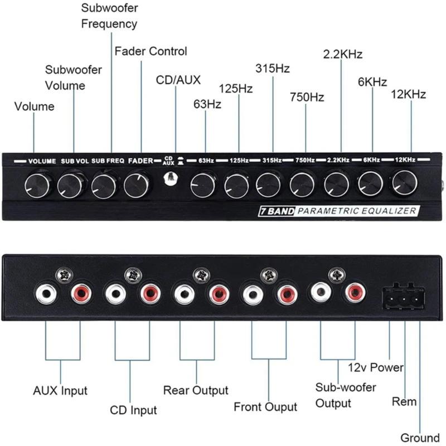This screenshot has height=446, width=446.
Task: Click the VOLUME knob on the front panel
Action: click(x=38, y=185)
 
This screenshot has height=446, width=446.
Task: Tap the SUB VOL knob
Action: click(x=71, y=185)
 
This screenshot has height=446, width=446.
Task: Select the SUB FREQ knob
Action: click(x=104, y=185)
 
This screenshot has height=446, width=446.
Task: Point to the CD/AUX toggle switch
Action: click(x=171, y=178)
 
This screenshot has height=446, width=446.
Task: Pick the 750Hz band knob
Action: click(x=303, y=185)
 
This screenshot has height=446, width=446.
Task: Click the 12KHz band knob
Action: click(x=403, y=182)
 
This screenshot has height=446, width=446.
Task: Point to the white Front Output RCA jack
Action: click(x=252, y=294)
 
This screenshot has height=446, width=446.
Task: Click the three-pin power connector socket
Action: click(x=403, y=297)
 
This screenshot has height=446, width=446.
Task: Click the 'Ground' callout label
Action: click(x=420, y=438)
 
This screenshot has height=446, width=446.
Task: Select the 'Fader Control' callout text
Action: click(x=151, y=51)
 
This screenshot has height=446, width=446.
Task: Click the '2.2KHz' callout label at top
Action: click(x=343, y=54)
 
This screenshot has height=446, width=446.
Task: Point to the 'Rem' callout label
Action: click(x=404, y=402)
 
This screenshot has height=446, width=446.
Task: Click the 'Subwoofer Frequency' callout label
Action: click(x=109, y=16)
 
